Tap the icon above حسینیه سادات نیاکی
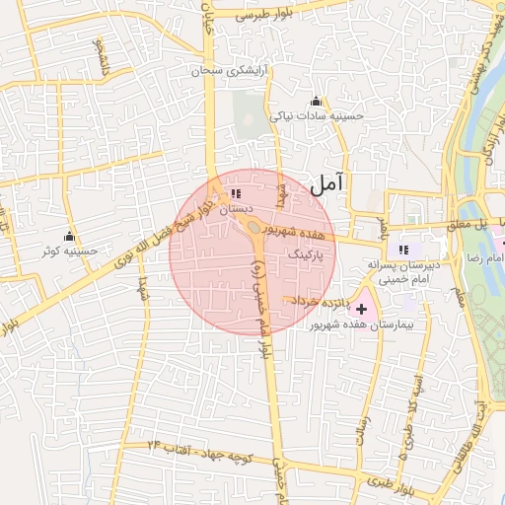(x=316, y=101)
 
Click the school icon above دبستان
(x=235, y=193)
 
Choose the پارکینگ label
(x=305, y=253)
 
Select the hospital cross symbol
(x=362, y=309)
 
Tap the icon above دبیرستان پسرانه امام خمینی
(x=402, y=249)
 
